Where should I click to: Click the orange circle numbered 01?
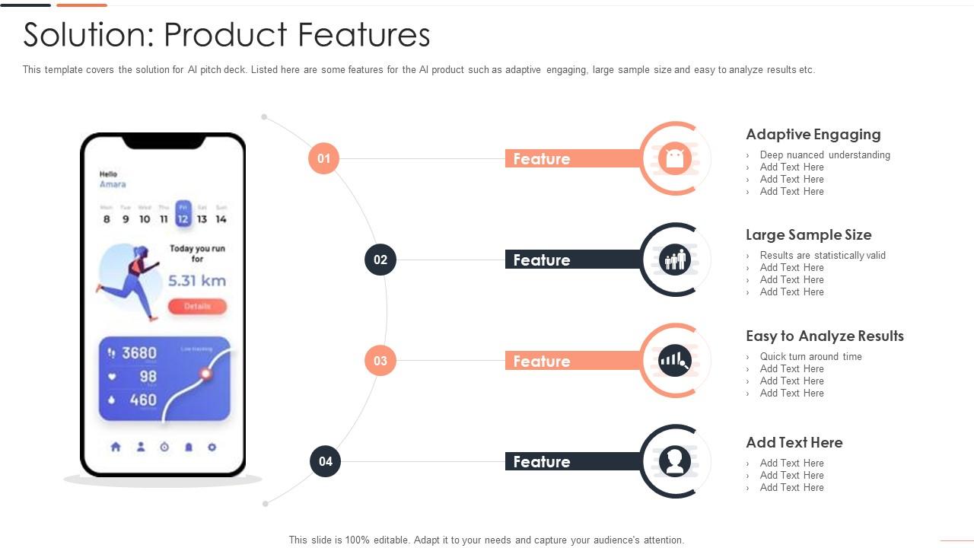pos(323,158)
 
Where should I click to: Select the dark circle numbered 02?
pos(380,260)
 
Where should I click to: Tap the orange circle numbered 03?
pos(380,361)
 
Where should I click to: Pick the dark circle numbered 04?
pos(326,461)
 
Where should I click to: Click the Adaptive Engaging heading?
pos(813,135)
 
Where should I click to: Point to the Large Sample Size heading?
pos(808,235)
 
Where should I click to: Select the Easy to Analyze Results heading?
pos(824,336)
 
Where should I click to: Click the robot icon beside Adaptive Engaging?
pos(675,158)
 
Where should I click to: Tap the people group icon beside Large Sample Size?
pos(675,260)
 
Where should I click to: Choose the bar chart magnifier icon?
pos(675,361)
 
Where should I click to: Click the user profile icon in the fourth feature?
pos(675,461)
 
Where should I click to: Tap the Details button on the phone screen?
pos(197,306)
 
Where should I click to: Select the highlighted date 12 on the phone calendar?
pos(183,215)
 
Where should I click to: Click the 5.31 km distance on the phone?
pos(196,281)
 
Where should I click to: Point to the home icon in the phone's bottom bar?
pos(116,447)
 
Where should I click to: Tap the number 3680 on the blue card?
pos(139,353)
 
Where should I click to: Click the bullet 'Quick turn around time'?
pos(810,356)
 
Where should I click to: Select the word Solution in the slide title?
pos(85,35)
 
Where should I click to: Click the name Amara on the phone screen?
pos(113,184)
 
